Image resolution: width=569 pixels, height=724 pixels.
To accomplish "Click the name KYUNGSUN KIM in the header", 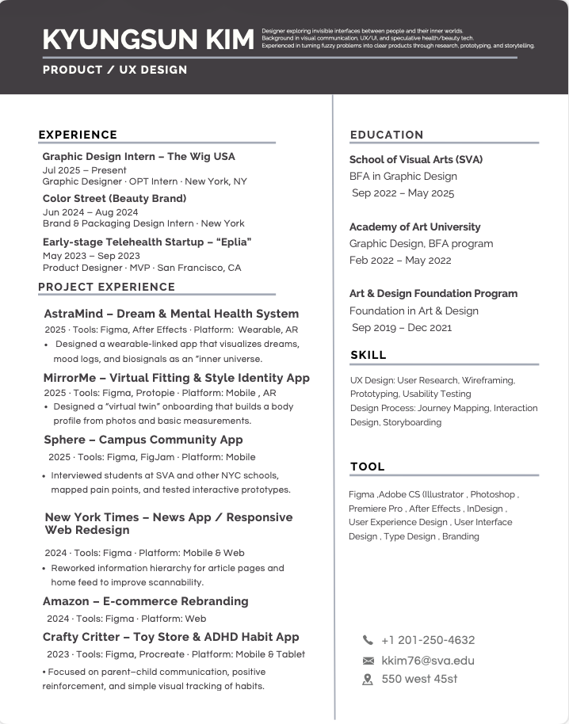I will (x=148, y=39).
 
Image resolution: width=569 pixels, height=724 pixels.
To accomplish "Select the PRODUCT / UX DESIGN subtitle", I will (x=115, y=70).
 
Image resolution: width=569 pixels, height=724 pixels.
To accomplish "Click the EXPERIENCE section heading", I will (x=78, y=135).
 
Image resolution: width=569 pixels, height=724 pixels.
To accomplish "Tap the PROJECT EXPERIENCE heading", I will (x=106, y=287).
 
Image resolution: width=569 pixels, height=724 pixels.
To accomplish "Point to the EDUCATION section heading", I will (x=387, y=135).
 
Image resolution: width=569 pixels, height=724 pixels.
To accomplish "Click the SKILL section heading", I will (x=369, y=355).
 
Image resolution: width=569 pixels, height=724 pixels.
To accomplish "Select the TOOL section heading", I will (x=368, y=467).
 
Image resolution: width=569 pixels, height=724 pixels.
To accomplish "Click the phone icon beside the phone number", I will (x=368, y=640).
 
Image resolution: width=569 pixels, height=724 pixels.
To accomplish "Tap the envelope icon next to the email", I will (x=368, y=661).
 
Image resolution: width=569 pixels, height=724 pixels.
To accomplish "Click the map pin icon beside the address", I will (x=368, y=679).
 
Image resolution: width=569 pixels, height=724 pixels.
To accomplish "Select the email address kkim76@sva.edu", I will (x=428, y=661).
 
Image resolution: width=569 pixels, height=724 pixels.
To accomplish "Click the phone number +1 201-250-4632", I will (x=428, y=640).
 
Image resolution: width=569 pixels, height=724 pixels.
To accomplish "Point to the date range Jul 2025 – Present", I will (x=84, y=170).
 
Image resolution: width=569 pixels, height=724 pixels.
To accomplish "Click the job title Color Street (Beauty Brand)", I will (x=114, y=198).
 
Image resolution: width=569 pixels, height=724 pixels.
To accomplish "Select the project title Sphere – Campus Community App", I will (x=143, y=440).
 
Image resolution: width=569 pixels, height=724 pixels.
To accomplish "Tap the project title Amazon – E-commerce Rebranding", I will (x=145, y=601).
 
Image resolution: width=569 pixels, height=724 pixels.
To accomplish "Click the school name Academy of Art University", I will (x=414, y=227).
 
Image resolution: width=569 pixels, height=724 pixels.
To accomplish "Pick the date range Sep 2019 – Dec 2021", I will (x=402, y=327).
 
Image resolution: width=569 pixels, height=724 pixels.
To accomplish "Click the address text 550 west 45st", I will (x=419, y=679).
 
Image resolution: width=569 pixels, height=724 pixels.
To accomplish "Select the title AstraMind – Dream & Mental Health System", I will (x=171, y=314).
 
